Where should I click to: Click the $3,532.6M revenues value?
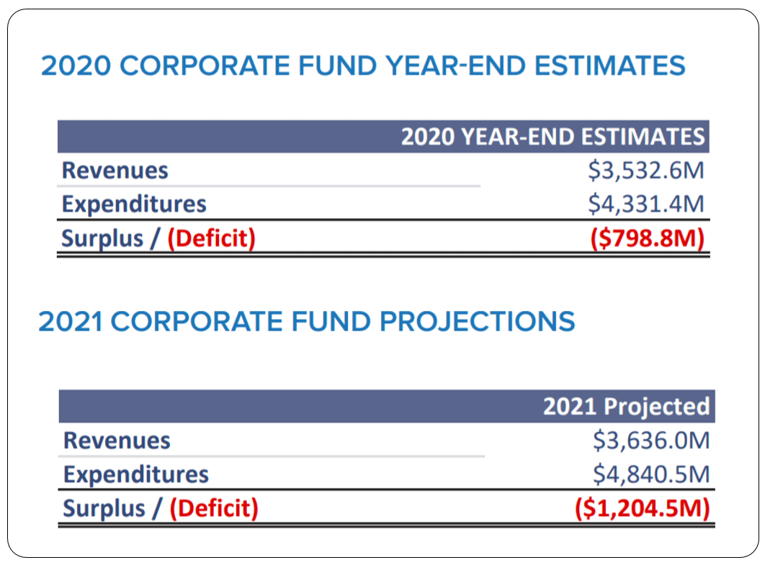click(645, 171)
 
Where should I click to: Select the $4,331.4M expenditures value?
click(645, 204)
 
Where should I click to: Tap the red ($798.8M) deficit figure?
click(647, 238)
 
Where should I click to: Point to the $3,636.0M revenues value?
click(650, 440)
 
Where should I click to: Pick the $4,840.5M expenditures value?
click(650, 474)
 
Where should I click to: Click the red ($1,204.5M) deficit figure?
click(643, 508)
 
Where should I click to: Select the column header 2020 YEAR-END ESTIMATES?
click(552, 137)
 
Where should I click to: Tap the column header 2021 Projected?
click(626, 407)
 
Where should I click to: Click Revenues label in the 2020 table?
click(115, 171)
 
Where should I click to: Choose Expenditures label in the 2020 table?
click(134, 204)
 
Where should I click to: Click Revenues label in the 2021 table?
click(117, 440)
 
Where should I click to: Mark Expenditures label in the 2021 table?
click(136, 474)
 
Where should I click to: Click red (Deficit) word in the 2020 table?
click(211, 238)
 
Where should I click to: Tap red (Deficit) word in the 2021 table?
click(214, 508)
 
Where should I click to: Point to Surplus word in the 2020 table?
click(102, 238)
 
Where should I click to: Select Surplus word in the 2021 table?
click(104, 508)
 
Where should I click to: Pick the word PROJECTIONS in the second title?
click(478, 321)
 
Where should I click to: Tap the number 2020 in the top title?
click(74, 66)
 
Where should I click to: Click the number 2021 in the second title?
click(70, 321)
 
